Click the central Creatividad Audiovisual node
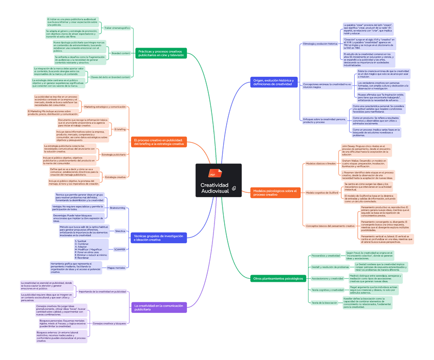click(214, 187)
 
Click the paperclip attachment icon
click(233, 189)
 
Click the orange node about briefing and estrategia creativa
click(158, 142)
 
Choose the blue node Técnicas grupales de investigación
click(159, 237)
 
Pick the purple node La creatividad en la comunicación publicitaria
click(158, 307)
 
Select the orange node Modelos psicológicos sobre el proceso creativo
click(274, 193)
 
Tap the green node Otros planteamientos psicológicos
click(275, 278)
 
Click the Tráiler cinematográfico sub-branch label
click(117, 28)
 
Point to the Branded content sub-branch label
click(121, 53)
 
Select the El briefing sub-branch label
click(120, 129)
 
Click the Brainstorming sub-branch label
click(117, 208)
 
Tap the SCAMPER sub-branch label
click(120, 249)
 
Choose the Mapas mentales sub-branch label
click(117, 267)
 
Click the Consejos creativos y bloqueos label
click(109, 324)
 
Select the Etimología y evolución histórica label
click(320, 44)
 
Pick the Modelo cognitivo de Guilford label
click(322, 193)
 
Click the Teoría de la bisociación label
click(324, 302)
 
